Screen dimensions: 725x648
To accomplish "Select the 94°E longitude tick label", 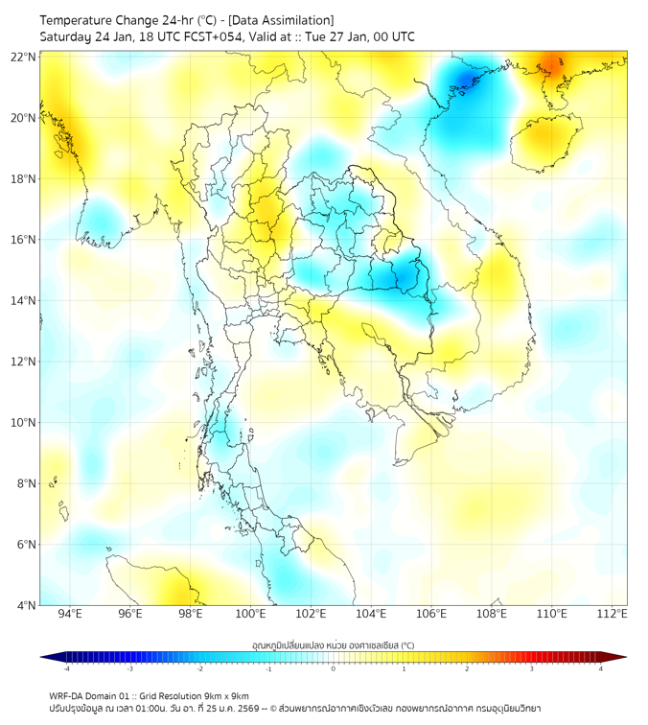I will tap(70, 614).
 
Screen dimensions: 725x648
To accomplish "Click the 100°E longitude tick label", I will tap(250, 614).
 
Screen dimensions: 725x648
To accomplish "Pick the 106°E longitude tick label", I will tap(431, 614).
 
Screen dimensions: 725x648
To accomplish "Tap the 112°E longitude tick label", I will tap(612, 614).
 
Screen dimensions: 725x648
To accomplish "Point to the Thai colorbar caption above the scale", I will tap(333, 645).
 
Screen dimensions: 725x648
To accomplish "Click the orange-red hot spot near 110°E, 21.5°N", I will tap(554, 67).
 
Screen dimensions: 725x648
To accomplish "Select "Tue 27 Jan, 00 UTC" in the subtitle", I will tap(363, 36).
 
